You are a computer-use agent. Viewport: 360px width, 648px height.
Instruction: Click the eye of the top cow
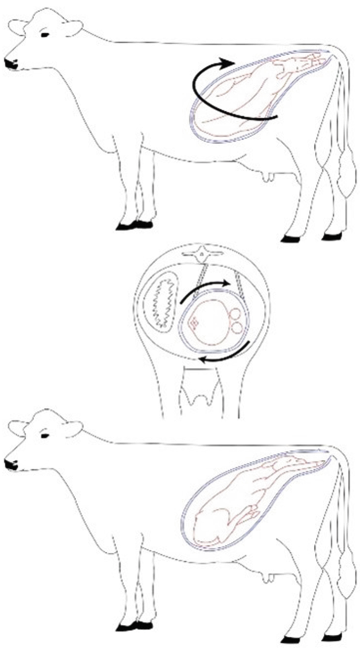point(44,35)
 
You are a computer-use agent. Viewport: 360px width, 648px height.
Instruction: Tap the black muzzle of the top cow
point(11,64)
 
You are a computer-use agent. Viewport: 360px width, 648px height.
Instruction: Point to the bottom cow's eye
point(44,436)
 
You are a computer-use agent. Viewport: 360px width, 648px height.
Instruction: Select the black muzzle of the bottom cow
point(11,465)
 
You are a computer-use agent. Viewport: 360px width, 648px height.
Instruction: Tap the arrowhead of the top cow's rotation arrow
point(227,64)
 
